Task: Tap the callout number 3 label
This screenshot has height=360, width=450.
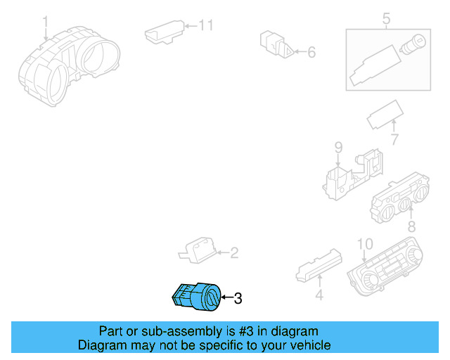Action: (x=238, y=299)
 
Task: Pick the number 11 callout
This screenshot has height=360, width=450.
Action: (x=205, y=25)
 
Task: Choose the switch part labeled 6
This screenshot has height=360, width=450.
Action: (x=274, y=44)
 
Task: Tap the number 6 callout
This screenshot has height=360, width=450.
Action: (x=311, y=51)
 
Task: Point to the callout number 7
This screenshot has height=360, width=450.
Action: (x=394, y=140)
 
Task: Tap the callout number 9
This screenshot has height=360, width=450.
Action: (x=338, y=147)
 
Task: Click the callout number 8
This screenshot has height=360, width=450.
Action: (x=411, y=226)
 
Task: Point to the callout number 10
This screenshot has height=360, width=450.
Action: (x=364, y=244)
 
